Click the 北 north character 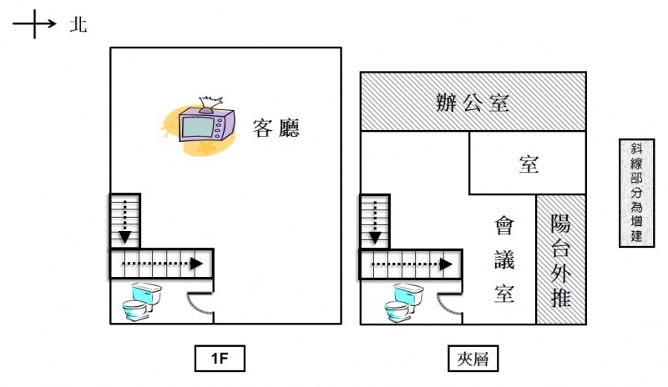pos(78,25)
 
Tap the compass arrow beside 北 pos(34,24)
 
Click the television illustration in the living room pos(206,125)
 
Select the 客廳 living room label pos(276,128)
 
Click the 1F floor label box pos(220,359)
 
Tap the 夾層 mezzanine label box pos(473,359)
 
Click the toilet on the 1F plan pos(142,301)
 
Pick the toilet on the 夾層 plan pos(403,302)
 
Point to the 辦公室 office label pos(473,103)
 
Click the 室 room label pos(529,164)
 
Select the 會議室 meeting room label pos(504,259)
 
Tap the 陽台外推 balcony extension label pos(560,259)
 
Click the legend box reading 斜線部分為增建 pos(636,193)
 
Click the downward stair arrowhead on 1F pos(124,237)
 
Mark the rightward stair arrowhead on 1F pos(196,264)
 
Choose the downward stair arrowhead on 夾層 pos(374,238)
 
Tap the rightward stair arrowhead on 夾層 pos(446,264)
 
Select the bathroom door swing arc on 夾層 pos(445,303)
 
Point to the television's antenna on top pos(211,104)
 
